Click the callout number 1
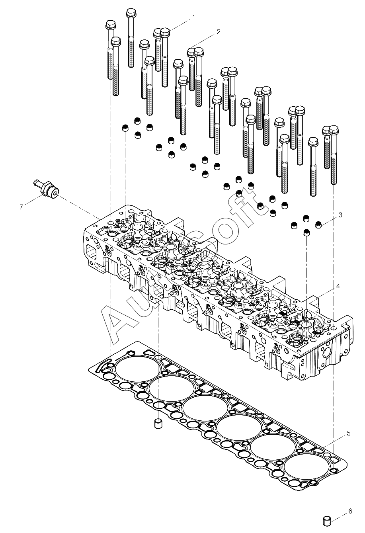point(193,18)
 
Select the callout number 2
point(219,32)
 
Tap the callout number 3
point(340,215)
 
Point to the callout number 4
point(338,286)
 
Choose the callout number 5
point(348,433)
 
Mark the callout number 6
point(350,511)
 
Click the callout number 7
point(21,206)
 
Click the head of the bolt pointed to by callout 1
point(165,32)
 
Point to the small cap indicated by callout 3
point(318,225)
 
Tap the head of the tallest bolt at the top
point(131,13)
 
